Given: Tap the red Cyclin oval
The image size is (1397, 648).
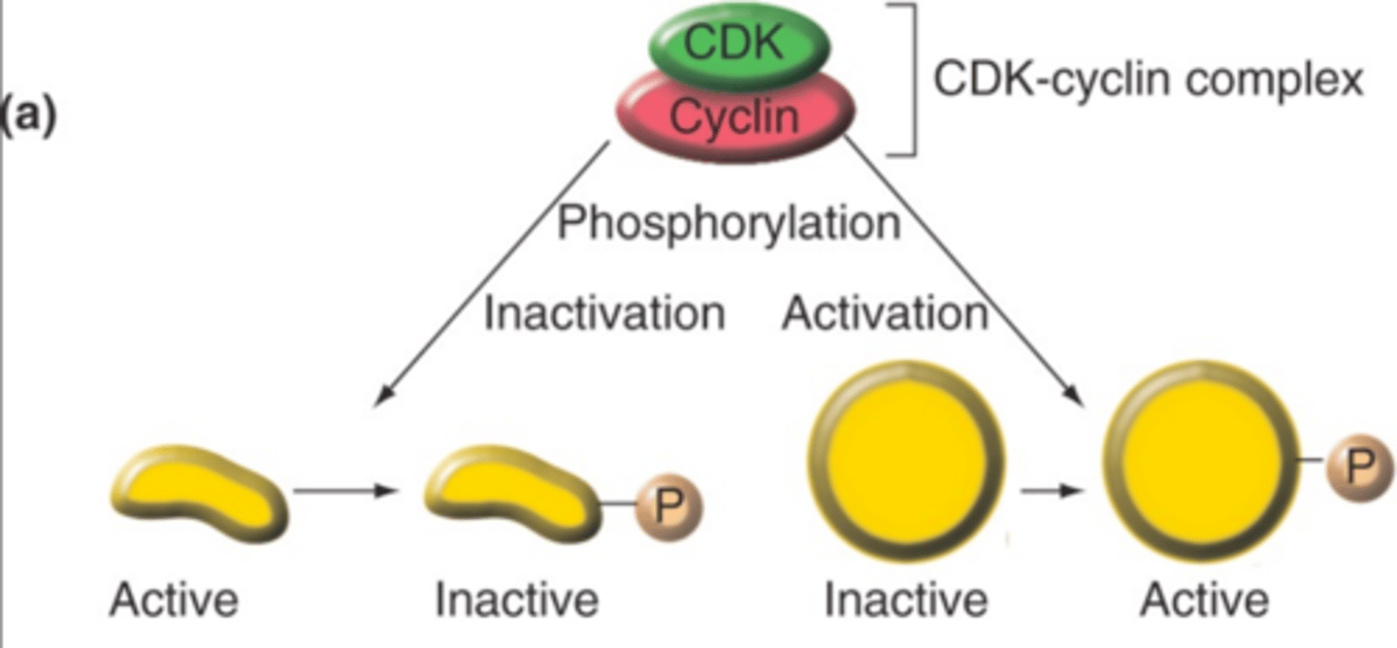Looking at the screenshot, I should click(735, 117).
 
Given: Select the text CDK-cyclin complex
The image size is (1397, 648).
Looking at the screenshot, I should click(1148, 80).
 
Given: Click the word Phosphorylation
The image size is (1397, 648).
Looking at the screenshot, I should click(728, 223).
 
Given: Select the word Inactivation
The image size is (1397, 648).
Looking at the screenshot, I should click(603, 313).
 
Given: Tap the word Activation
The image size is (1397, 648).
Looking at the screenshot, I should click(885, 313).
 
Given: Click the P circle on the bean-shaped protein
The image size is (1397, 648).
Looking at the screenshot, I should click(667, 506).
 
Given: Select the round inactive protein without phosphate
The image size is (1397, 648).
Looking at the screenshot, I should click(906, 462).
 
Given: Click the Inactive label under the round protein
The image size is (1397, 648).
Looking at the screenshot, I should click(906, 600).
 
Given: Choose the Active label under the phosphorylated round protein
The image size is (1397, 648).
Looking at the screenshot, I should click(1203, 600).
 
